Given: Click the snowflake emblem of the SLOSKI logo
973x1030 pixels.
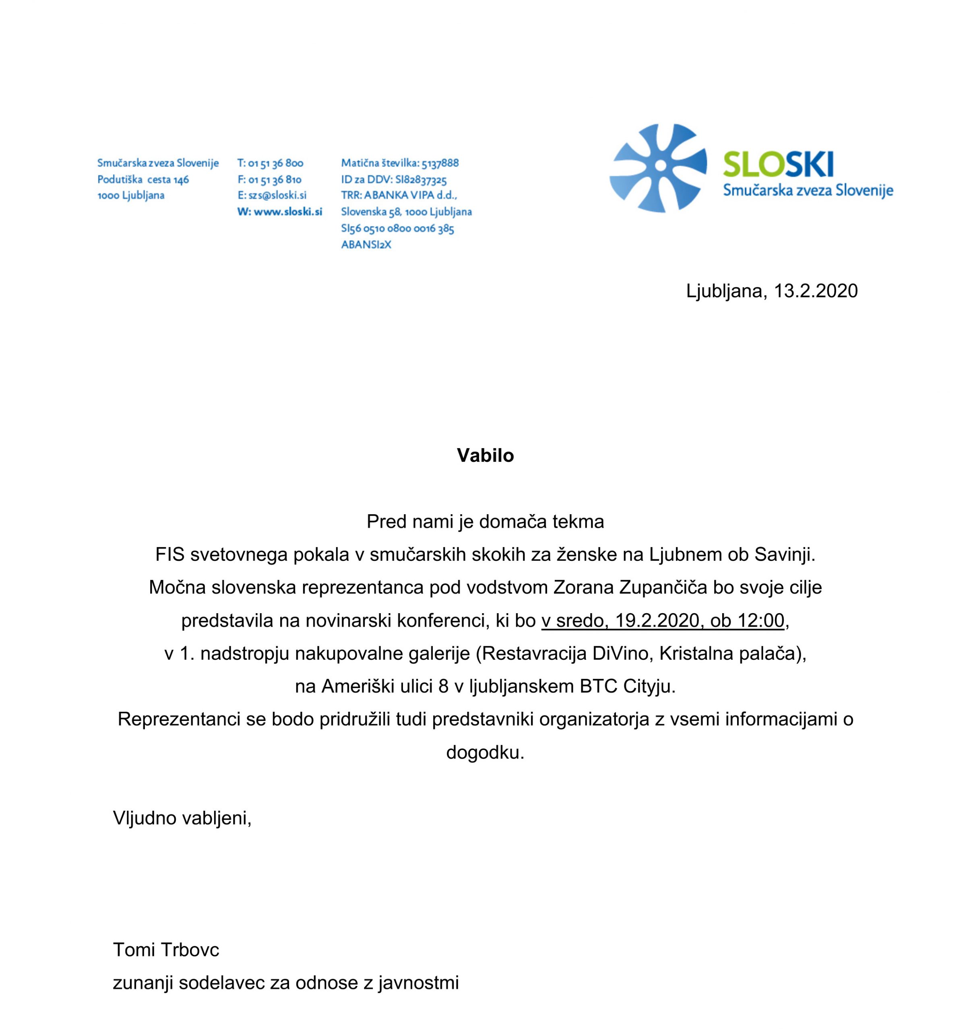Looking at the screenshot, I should [x=659, y=167].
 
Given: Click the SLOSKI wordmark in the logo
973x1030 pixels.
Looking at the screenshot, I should [x=778, y=164].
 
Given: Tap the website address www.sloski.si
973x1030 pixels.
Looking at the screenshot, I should [x=288, y=212].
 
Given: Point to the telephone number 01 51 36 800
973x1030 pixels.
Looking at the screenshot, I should [x=275, y=163].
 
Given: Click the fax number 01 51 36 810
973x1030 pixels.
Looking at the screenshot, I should [x=275, y=179].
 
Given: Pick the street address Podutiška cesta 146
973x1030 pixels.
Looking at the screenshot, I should [x=143, y=179].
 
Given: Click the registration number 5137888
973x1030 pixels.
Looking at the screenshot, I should [x=440, y=163].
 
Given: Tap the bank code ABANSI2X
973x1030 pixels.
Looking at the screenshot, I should [x=366, y=245].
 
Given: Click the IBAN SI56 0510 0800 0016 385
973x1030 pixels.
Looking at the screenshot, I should [x=397, y=228].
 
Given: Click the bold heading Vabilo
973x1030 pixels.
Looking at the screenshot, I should [x=485, y=455].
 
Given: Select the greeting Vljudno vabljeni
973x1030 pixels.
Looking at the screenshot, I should [x=182, y=818].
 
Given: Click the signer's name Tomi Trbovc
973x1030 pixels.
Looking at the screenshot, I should [x=166, y=950].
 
